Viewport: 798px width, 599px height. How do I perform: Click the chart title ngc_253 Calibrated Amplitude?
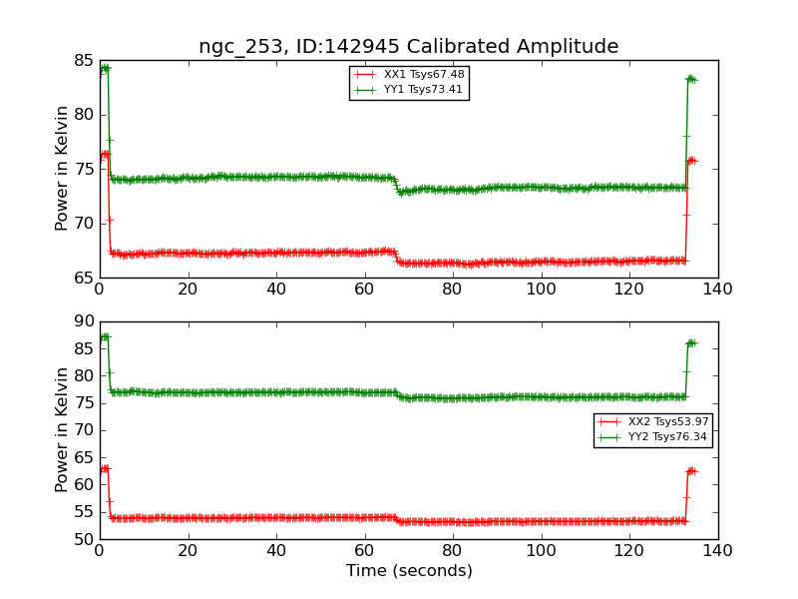(408, 47)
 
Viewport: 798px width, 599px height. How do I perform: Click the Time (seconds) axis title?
(409, 571)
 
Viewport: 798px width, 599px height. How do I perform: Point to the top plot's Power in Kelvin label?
(62, 168)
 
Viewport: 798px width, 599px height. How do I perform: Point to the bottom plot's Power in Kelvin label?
(62, 429)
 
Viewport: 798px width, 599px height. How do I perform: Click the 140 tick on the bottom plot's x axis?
(717, 550)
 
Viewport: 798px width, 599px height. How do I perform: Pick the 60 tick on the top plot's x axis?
(364, 289)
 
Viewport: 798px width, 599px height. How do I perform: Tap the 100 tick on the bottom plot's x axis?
(541, 550)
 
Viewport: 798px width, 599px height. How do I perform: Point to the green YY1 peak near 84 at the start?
(104, 68)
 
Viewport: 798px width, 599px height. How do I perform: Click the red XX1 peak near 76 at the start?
(104, 154)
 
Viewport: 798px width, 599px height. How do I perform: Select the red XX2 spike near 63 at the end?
(691, 470)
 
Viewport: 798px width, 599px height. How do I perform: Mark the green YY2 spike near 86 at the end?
(691, 343)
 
